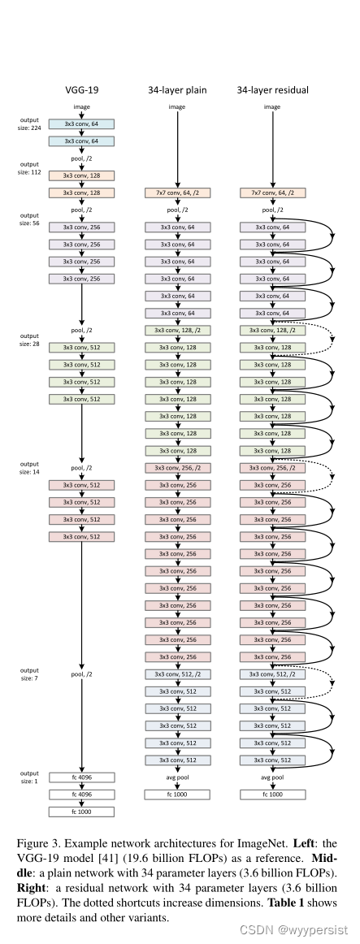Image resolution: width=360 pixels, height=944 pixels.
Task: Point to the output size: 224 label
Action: (x=29, y=123)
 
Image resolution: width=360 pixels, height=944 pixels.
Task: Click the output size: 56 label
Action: (x=29, y=219)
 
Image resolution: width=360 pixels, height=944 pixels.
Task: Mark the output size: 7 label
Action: (x=29, y=673)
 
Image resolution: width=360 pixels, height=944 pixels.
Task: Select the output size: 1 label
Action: (x=29, y=776)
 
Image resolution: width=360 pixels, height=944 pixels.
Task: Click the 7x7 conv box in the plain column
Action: (x=177, y=193)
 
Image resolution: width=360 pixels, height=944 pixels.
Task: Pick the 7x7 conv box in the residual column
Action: (x=272, y=193)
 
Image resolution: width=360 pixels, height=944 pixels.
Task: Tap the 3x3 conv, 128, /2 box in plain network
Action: (x=177, y=331)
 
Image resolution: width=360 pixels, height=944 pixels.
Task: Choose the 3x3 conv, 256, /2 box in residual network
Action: (x=272, y=468)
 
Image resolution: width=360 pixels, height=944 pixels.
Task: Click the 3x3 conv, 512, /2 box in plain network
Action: (x=177, y=674)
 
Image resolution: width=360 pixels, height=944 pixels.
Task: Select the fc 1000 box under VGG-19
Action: (x=81, y=811)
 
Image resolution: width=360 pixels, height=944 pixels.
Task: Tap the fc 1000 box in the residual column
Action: (x=272, y=794)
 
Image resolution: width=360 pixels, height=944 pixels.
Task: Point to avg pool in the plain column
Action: (x=177, y=777)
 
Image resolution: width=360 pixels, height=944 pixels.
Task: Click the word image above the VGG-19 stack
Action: (x=81, y=106)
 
